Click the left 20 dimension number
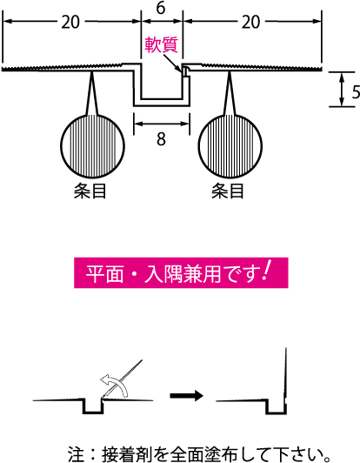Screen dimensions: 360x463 (x=70, y=22)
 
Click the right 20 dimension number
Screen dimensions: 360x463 (x=250, y=22)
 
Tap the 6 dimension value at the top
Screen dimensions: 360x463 (x=161, y=8)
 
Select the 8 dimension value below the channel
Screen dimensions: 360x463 (x=161, y=138)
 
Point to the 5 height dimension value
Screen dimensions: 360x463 (x=356, y=92)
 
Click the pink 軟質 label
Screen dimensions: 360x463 (x=161, y=45)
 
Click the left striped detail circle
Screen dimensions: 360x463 (x=93, y=146)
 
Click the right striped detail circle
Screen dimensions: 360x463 (x=230, y=146)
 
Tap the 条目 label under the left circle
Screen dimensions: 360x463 (x=90, y=191)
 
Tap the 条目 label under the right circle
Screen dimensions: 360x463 (x=228, y=191)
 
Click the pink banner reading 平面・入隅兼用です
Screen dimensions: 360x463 (x=181, y=273)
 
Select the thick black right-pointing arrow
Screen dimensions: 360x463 (x=186, y=395)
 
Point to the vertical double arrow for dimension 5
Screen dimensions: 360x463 (x=342, y=89)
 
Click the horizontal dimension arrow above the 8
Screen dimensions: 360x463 (x=161, y=124)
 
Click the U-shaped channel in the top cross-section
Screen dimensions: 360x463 (x=162, y=99)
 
